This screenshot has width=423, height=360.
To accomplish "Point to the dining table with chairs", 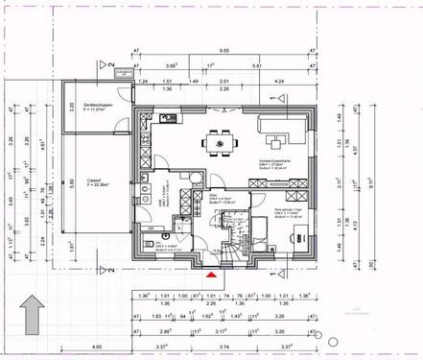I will tap(221, 144).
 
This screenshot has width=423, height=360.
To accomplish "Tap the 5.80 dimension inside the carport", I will tap(69, 183).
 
